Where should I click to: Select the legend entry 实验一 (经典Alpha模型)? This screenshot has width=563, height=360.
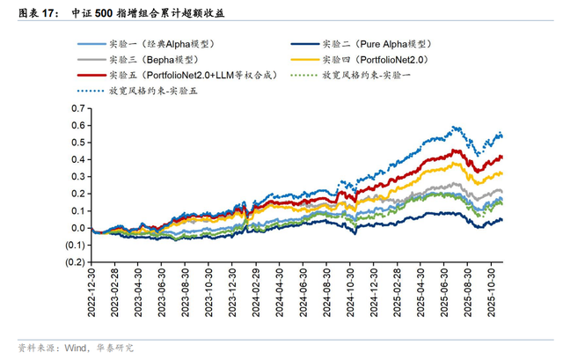click(162, 43)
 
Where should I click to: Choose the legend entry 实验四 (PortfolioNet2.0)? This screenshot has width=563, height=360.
click(364, 59)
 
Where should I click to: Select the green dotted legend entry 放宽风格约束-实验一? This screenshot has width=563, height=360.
click(379, 75)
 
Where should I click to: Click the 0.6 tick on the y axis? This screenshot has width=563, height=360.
click(77, 108)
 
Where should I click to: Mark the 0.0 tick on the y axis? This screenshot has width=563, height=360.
click(77, 228)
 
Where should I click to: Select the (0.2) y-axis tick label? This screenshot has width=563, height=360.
click(74, 262)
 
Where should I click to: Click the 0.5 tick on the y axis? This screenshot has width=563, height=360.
click(77, 129)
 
